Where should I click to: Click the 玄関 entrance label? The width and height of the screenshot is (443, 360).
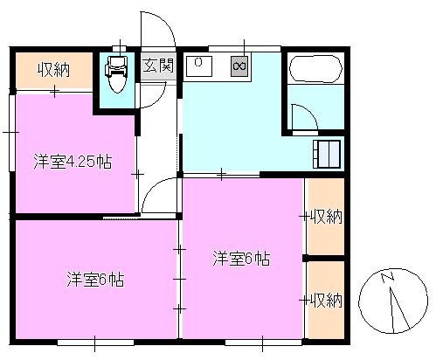[x=164, y=66]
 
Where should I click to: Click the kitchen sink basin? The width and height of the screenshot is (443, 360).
[x=199, y=65]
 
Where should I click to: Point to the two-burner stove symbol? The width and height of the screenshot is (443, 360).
[x=239, y=66]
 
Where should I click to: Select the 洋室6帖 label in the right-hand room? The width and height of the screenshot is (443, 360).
[x=241, y=259]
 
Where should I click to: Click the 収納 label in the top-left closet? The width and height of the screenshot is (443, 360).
[x=53, y=69]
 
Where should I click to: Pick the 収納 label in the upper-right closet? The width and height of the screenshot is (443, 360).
[x=326, y=217]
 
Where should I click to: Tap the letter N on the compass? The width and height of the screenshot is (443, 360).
[x=386, y=279]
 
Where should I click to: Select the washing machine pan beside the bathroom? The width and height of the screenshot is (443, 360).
[x=329, y=153]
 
